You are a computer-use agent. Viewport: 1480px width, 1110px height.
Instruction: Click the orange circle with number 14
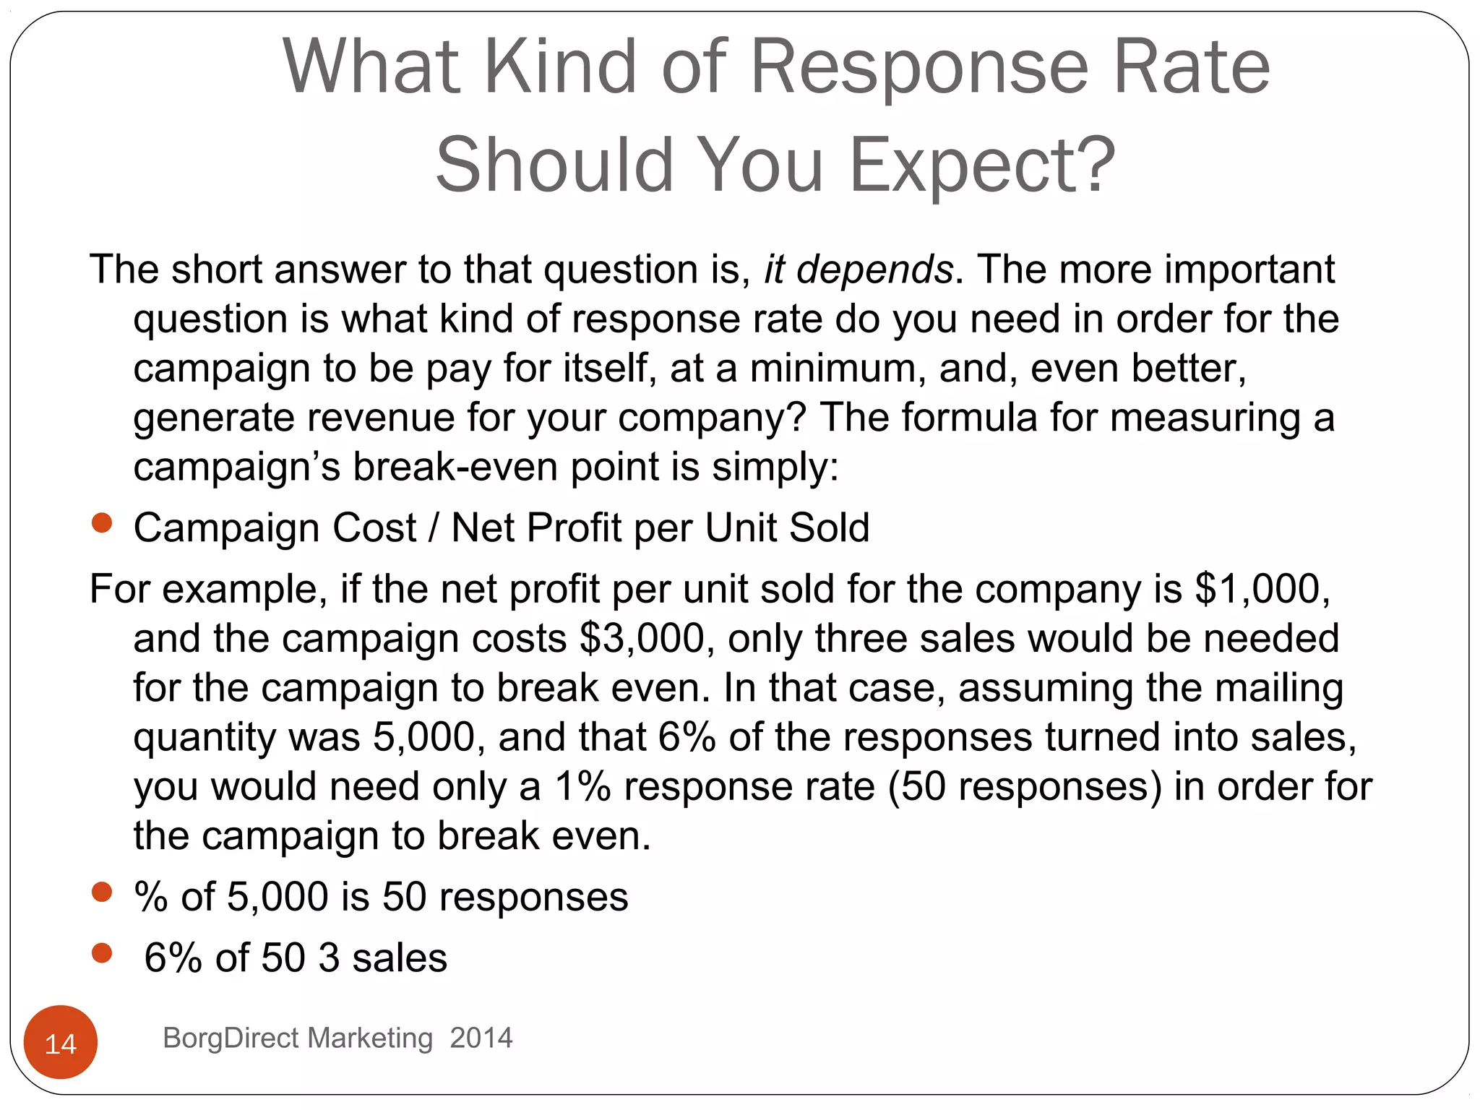tap(61, 1041)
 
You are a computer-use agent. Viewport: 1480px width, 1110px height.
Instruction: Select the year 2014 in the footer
tap(481, 1038)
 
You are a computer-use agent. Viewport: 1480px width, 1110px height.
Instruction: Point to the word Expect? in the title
tap(983, 166)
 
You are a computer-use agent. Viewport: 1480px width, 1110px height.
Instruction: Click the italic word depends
tap(874, 270)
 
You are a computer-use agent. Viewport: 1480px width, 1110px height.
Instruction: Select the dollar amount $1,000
tap(1262, 589)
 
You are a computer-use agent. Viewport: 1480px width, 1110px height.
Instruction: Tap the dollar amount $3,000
tap(642, 639)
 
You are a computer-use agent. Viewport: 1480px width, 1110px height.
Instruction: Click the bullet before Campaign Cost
tap(103, 522)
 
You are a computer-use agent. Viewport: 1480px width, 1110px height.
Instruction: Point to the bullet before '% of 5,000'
tap(103, 892)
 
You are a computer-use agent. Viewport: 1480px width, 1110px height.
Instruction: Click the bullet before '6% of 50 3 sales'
tap(103, 953)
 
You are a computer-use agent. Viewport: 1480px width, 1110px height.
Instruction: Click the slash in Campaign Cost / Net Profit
tap(434, 528)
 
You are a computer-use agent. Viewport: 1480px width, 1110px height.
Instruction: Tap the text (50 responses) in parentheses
tap(1025, 787)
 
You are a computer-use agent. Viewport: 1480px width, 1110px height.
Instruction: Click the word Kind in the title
tap(560, 67)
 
